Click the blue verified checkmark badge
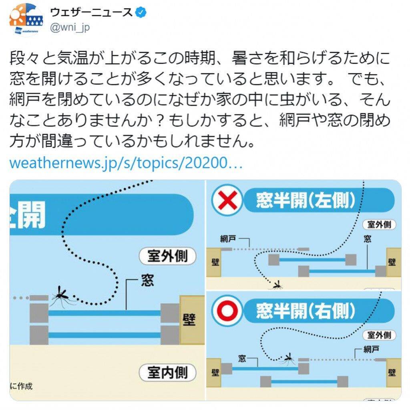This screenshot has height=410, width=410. pyautogui.click(x=141, y=12)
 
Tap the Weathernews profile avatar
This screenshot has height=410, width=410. pyautogui.click(x=26, y=20)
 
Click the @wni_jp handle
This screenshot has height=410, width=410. pyautogui.click(x=70, y=27)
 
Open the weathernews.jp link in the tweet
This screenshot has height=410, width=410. pyautogui.click(x=126, y=163)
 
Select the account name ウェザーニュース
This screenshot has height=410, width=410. pyautogui.click(x=91, y=12)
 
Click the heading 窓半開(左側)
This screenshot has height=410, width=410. pyautogui.click(x=305, y=200)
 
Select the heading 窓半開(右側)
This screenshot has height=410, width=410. pyautogui.click(x=305, y=311)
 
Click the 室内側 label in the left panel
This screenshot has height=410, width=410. pyautogui.click(x=168, y=372)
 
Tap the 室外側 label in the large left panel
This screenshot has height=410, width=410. pyautogui.click(x=168, y=256)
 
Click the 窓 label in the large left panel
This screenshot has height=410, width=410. pyautogui.click(x=147, y=280)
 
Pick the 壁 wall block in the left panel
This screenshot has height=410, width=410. pyautogui.click(x=192, y=320)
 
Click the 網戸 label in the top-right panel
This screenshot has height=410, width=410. pyautogui.click(x=228, y=238)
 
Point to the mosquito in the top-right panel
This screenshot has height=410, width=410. pyautogui.click(x=277, y=285)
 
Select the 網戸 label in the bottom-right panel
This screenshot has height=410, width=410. pyautogui.click(x=371, y=349)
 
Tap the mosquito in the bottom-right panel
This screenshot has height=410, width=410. pyautogui.click(x=289, y=359)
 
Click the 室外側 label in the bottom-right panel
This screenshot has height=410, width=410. pyautogui.click(x=379, y=335)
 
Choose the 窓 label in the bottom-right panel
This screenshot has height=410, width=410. pyautogui.click(x=242, y=358)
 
